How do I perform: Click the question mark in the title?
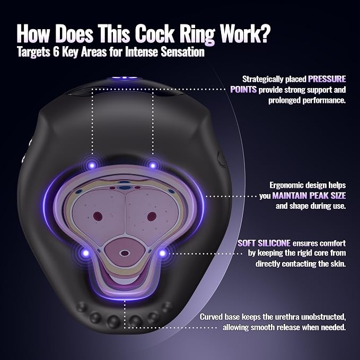click(x=264, y=33)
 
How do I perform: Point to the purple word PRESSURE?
click(x=327, y=79)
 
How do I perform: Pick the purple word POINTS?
click(x=243, y=90)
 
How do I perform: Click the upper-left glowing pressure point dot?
click(x=92, y=165)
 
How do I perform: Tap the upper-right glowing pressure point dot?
click(x=153, y=165)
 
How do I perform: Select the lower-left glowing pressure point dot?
click(x=86, y=253)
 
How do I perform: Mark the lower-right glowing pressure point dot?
click(x=162, y=253)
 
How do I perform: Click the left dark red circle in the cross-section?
click(x=98, y=216)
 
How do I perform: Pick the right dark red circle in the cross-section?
click(x=152, y=216)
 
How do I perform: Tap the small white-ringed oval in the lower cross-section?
click(x=125, y=253)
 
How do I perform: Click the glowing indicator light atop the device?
click(x=124, y=78)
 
